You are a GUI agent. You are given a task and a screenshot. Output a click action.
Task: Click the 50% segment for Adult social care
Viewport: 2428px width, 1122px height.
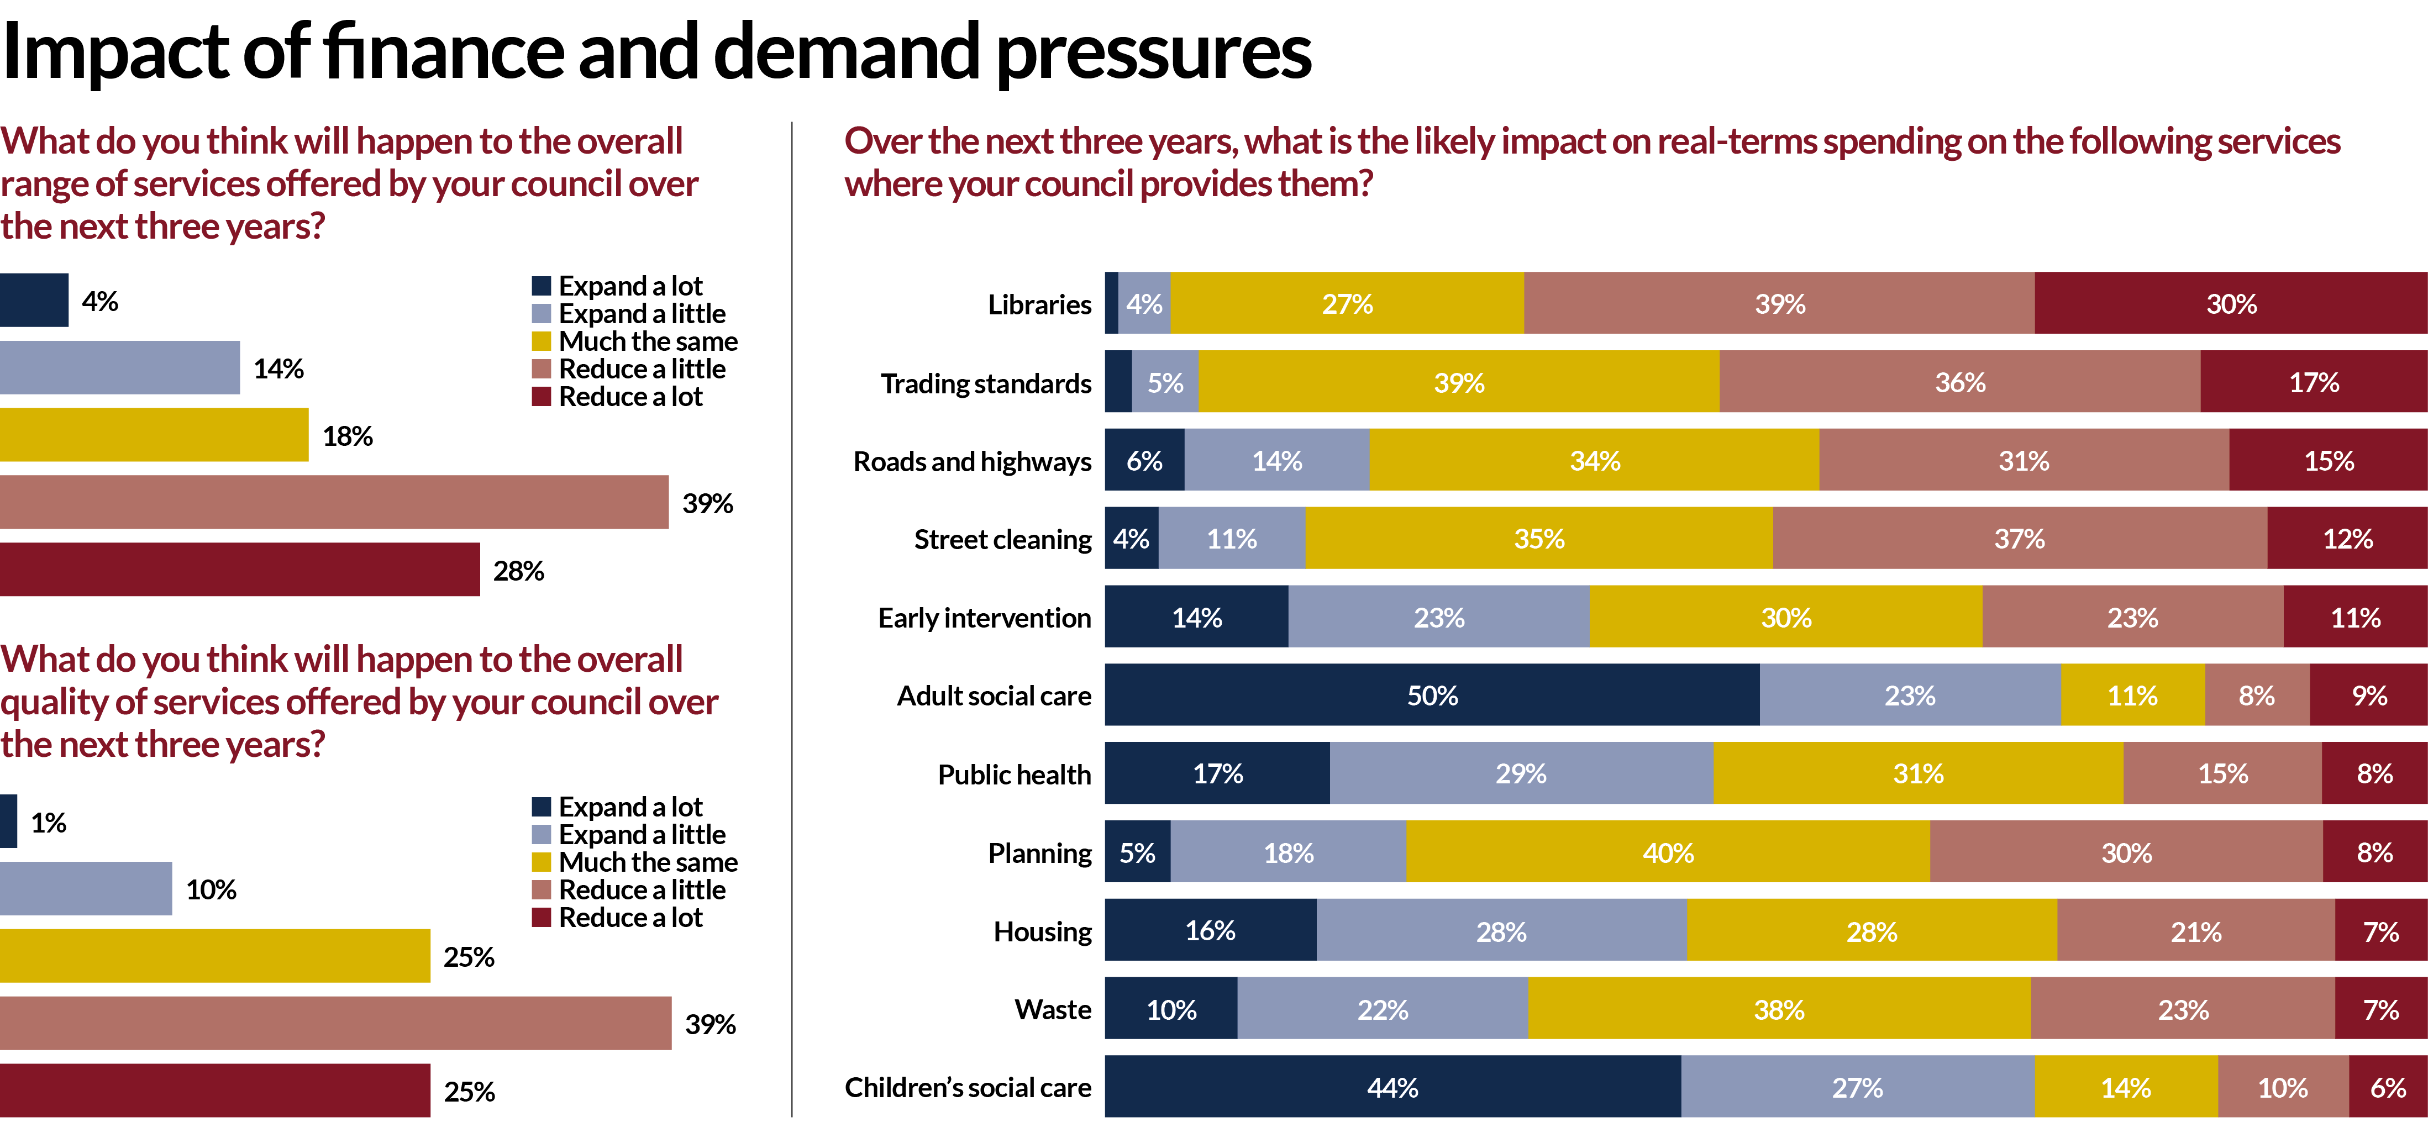pos(1432,696)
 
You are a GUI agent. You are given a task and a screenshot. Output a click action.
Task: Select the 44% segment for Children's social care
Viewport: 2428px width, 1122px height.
pos(1392,1087)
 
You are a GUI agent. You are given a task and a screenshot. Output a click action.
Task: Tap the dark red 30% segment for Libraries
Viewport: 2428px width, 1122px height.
pos(2231,303)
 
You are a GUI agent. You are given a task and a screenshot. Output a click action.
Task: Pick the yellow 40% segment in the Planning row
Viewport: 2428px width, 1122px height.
pos(1667,852)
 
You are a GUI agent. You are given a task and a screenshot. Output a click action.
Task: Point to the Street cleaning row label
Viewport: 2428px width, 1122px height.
pos(1002,539)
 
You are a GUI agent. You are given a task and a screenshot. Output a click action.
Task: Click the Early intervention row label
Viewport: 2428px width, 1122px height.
pos(984,617)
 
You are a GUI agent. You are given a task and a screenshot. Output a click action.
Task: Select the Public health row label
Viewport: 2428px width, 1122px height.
pos(1013,773)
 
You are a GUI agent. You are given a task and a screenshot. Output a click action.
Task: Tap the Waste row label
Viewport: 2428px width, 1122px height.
pos(1052,1009)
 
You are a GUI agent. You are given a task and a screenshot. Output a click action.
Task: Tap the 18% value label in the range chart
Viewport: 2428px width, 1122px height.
pos(347,435)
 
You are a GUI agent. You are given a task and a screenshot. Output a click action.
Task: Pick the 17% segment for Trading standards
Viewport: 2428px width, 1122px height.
pos(2314,382)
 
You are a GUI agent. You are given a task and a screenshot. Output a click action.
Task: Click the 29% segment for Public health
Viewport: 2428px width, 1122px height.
pos(1520,773)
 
